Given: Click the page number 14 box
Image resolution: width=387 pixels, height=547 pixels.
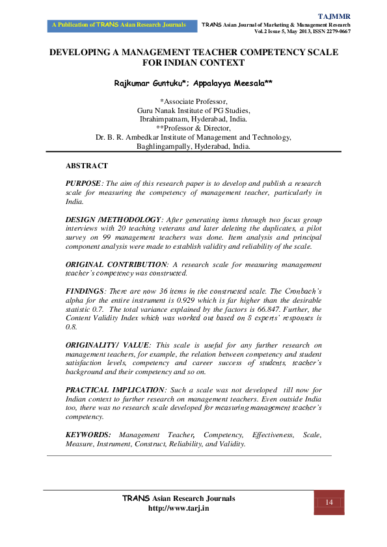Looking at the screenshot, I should [329, 502].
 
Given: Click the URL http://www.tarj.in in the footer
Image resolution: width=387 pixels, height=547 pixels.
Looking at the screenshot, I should [179, 508].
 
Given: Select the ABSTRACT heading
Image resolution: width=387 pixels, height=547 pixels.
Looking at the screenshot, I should [87, 166].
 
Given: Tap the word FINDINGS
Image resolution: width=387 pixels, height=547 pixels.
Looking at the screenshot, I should [85, 292].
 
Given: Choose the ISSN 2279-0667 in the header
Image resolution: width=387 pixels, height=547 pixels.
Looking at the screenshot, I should [328, 31].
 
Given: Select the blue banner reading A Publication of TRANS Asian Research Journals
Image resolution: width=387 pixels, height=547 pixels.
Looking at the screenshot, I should [121, 25].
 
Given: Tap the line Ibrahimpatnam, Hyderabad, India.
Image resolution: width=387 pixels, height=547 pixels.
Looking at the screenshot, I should [194, 119].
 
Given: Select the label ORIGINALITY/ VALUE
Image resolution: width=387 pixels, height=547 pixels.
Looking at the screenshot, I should [107, 344].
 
